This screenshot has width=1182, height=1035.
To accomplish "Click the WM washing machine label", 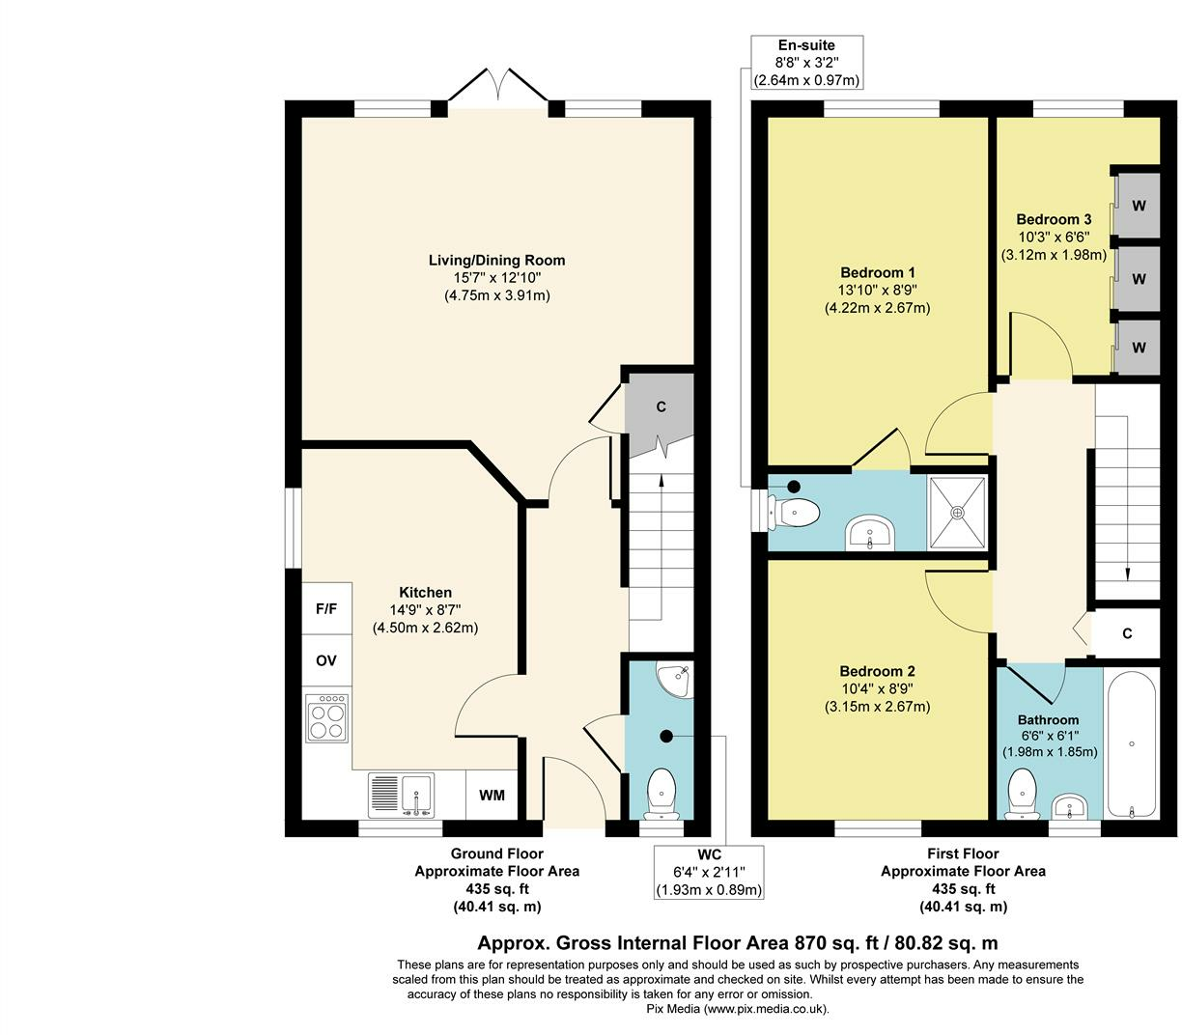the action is pos(492,796).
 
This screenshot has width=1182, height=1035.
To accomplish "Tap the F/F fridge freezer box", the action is pos(326,609).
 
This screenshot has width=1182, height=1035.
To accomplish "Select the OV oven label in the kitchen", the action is pos(326,660).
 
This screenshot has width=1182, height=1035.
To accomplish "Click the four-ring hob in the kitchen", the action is pos(326,718).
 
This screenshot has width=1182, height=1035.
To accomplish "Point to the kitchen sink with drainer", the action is pos(401,796).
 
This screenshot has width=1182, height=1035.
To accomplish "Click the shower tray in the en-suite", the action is pos(957,513).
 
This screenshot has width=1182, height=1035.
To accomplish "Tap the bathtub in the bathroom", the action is pos(1131,743).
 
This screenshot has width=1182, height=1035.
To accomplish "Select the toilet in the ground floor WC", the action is pos(661,794).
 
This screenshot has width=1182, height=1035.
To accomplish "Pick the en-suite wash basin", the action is pos(869,534).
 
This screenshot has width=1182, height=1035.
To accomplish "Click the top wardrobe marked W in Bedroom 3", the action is pos(1138,206).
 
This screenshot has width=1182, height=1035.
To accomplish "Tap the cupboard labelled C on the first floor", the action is pos(1126,633).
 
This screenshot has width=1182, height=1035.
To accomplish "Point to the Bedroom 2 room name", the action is pos(877,671).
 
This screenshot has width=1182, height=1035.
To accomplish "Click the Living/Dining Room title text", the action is pos(496,260).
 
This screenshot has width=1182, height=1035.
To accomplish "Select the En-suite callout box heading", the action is pos(806,45).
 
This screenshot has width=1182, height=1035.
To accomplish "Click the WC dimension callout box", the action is pos(709,872).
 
